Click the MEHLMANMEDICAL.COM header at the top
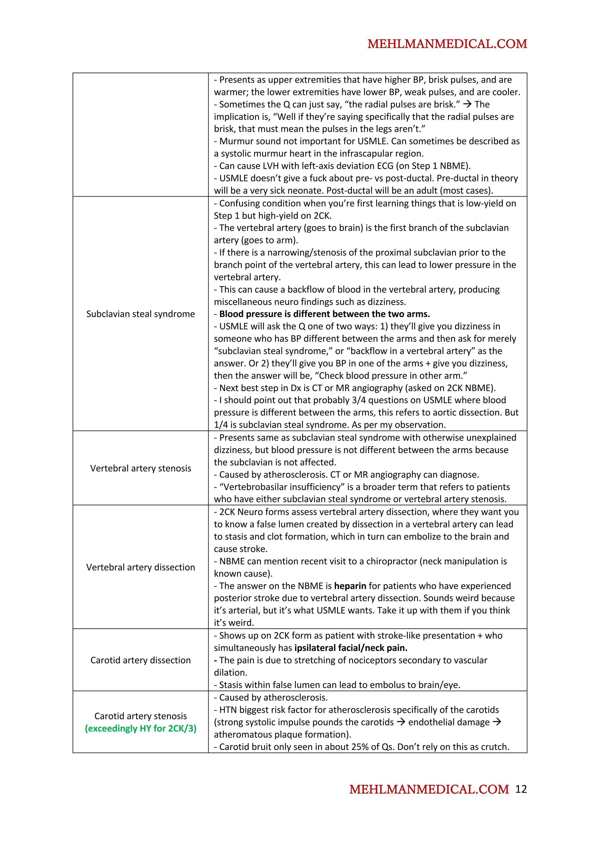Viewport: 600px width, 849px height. (x=447, y=44)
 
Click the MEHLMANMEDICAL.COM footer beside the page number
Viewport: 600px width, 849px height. (x=429, y=790)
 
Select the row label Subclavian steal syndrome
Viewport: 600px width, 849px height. (x=141, y=314)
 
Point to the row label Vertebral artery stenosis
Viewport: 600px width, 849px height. (x=141, y=468)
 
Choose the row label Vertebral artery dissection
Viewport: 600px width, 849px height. (x=141, y=567)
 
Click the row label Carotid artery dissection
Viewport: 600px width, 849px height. (x=141, y=660)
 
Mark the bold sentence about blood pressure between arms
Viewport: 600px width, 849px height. (x=324, y=314)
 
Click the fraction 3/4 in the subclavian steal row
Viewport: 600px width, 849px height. (x=354, y=400)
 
